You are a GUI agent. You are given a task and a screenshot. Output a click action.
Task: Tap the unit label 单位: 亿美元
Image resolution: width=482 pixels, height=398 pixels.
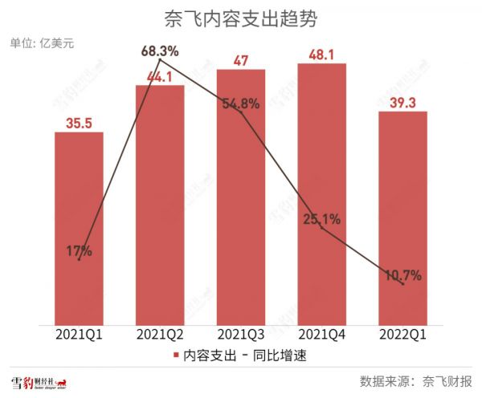tap(41, 43)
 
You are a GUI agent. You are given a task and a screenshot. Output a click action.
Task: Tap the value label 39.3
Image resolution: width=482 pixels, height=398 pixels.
tap(402, 102)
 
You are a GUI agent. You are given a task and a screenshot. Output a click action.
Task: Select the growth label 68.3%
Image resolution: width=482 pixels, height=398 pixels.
tap(160, 51)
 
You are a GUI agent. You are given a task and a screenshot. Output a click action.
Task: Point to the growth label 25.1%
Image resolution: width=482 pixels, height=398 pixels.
tap(321, 217)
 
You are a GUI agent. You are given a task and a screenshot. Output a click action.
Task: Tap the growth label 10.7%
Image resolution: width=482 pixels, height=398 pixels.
tap(402, 276)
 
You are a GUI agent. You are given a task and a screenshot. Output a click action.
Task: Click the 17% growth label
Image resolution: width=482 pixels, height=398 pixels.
tap(79, 251)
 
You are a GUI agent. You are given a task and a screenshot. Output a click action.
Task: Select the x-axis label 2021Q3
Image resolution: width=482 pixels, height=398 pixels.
tap(241, 333)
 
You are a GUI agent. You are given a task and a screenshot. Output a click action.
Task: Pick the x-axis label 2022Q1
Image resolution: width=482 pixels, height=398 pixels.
tap(402, 333)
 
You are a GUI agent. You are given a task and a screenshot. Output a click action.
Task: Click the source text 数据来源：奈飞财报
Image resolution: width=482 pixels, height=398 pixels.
tap(415, 380)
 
